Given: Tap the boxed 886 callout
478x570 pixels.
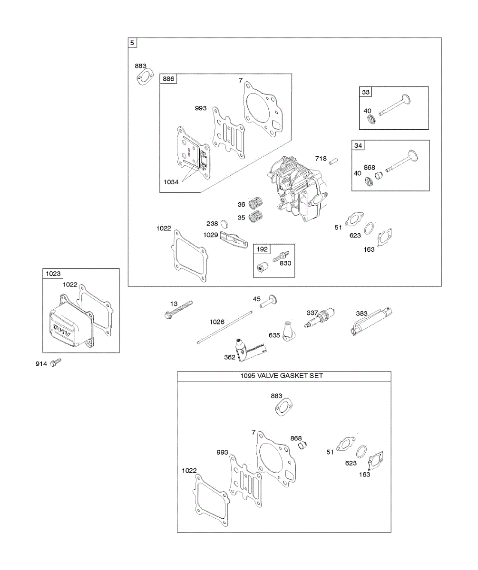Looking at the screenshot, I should click(168, 79).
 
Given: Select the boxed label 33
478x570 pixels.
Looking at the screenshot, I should click(365, 92).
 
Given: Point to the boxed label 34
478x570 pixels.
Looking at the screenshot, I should click(358, 145).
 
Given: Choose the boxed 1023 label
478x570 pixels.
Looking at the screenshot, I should click(53, 274).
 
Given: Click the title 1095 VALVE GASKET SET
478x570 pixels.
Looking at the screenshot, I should click(284, 376).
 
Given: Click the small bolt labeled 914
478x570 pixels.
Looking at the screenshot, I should click(56, 362).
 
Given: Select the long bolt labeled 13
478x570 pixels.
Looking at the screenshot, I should click(179, 309).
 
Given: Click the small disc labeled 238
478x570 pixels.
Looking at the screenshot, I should click(226, 224).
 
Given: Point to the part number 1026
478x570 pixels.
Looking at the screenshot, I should click(217, 322).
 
